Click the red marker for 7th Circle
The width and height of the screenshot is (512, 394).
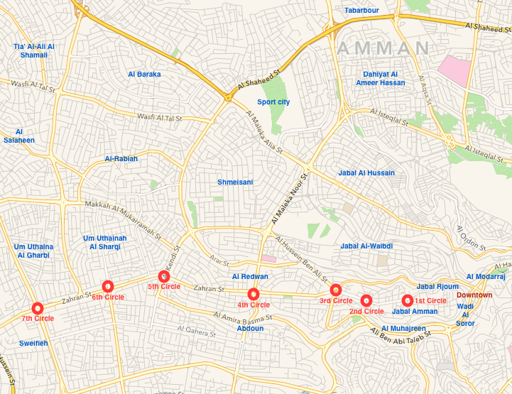point(38,308)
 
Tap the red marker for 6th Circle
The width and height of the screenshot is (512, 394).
point(108,286)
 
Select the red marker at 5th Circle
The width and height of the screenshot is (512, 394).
point(164,276)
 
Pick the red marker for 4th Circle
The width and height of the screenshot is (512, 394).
point(254,294)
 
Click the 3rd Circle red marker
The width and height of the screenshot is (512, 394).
point(336,290)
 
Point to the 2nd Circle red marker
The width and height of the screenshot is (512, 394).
point(366,300)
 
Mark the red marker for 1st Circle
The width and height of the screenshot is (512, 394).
point(407,300)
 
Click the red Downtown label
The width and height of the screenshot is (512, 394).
point(474,295)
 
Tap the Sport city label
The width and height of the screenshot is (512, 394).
point(273,102)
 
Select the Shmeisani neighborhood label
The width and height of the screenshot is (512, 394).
point(235,182)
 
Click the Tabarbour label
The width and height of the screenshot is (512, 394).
point(362,11)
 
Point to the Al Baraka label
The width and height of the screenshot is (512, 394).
point(144,74)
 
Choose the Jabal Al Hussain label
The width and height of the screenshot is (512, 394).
point(366,173)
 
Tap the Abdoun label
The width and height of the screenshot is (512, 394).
point(250,328)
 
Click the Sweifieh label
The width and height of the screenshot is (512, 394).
point(34,343)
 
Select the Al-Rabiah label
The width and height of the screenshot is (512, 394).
point(121,158)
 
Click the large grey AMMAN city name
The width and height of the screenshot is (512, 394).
point(383,48)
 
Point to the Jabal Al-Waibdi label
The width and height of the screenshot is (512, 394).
point(366,246)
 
